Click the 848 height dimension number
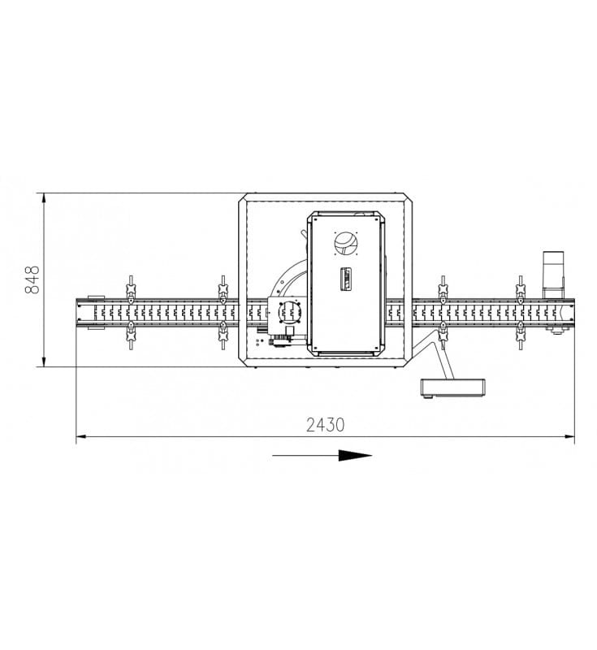click(32, 279)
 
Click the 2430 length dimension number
click(325, 425)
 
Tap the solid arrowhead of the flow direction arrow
click(355, 455)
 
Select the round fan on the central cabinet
click(346, 243)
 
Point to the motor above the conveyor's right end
click(553, 274)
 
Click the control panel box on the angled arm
click(452, 388)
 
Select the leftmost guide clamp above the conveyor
click(131, 289)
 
